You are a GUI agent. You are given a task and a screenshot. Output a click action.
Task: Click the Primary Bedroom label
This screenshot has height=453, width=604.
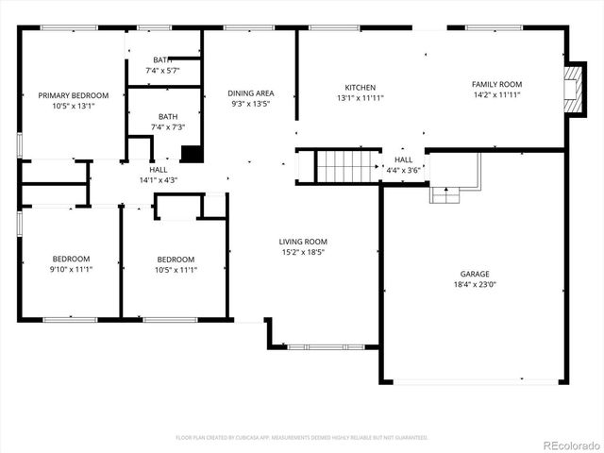(73, 95)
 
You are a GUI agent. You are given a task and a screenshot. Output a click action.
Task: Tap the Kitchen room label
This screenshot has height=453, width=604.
(360, 88)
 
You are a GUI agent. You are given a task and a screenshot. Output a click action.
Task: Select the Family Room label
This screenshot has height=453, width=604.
(496, 85)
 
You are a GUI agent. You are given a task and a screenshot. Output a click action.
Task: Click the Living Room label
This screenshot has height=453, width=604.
(303, 242)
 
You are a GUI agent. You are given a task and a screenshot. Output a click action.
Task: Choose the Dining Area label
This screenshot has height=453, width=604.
(251, 93)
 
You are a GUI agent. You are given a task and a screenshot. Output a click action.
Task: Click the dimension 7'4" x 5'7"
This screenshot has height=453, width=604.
(162, 71)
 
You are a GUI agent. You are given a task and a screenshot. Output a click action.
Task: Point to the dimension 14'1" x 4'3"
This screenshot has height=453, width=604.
(158, 179)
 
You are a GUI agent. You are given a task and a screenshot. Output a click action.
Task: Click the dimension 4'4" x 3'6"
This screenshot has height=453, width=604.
(402, 171)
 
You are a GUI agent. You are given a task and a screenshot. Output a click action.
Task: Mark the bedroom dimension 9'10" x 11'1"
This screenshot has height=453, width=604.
(71, 270)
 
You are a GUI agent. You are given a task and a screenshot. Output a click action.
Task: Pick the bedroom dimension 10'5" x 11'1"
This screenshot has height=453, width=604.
(176, 270)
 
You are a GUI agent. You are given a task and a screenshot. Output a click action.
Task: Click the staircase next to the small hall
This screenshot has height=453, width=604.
(346, 166)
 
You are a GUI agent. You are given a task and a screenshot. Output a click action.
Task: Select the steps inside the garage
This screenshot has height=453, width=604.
(445, 194)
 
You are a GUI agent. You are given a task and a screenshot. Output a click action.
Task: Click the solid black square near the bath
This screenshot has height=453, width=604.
(192, 153)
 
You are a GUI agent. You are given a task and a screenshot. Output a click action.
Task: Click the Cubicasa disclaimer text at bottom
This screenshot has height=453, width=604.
(302, 438)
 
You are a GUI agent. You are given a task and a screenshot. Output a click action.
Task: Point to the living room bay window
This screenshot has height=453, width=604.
(311, 347)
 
